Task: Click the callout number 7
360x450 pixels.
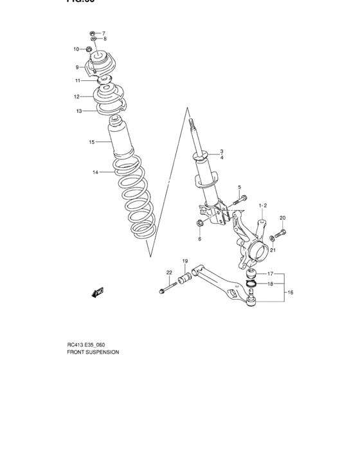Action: pyautogui.click(x=104, y=33)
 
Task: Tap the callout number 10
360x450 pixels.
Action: pyautogui.click(x=76, y=50)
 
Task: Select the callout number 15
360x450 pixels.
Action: pyautogui.click(x=92, y=141)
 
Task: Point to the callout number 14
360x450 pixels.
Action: pyautogui.click(x=95, y=172)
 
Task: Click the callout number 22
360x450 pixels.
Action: pyautogui.click(x=169, y=273)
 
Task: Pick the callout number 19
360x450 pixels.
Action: pyautogui.click(x=184, y=261)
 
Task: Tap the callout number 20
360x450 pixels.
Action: pyautogui.click(x=282, y=218)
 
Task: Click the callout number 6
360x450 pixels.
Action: pyautogui.click(x=199, y=239)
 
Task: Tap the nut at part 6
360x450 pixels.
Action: pyautogui.click(x=199, y=224)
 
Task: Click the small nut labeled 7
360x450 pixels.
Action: pyautogui.click(x=92, y=32)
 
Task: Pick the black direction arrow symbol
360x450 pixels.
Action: pyautogui.click(x=98, y=293)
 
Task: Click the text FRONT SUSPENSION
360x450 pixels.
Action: pyautogui.click(x=93, y=353)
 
